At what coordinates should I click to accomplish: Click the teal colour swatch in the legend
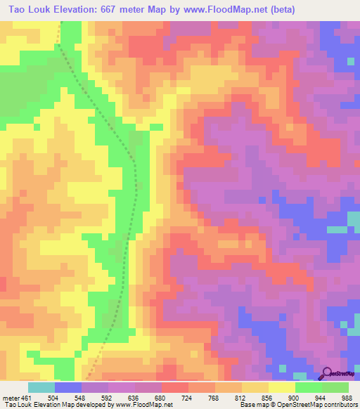pyautogui.click(x=41, y=387)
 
